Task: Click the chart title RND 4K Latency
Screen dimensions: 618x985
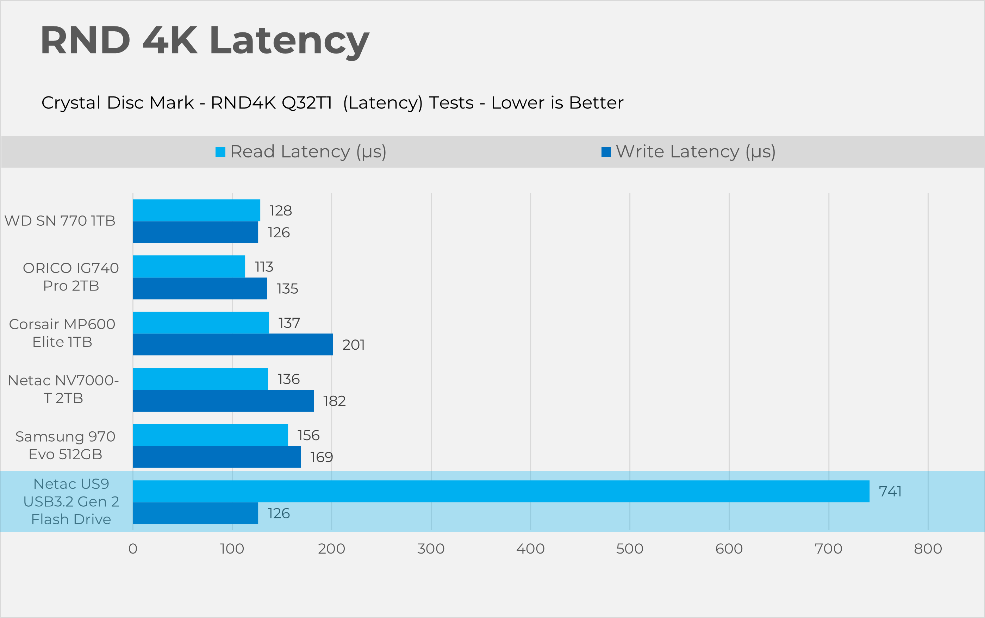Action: [204, 41]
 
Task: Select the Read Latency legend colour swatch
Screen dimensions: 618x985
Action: [220, 152]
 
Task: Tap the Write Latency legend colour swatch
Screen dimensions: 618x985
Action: [606, 152]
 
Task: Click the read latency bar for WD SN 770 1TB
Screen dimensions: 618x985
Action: [196, 211]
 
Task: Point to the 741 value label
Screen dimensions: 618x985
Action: [890, 491]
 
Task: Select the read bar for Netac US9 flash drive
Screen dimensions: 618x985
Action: [501, 491]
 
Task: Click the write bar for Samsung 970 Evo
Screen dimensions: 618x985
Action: [217, 457]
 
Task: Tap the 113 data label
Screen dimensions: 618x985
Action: [264, 267]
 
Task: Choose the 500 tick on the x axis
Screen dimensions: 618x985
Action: [629, 549]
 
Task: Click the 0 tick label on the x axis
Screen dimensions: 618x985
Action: [133, 549]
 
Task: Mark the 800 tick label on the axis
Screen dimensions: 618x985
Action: [928, 549]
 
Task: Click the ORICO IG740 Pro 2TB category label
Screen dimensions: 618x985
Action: [71, 277]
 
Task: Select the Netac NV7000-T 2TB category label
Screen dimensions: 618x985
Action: [63, 389]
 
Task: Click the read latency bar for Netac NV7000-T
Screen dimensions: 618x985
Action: [200, 379]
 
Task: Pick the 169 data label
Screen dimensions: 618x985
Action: [321, 457]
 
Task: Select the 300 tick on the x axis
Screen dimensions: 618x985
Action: [431, 549]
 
